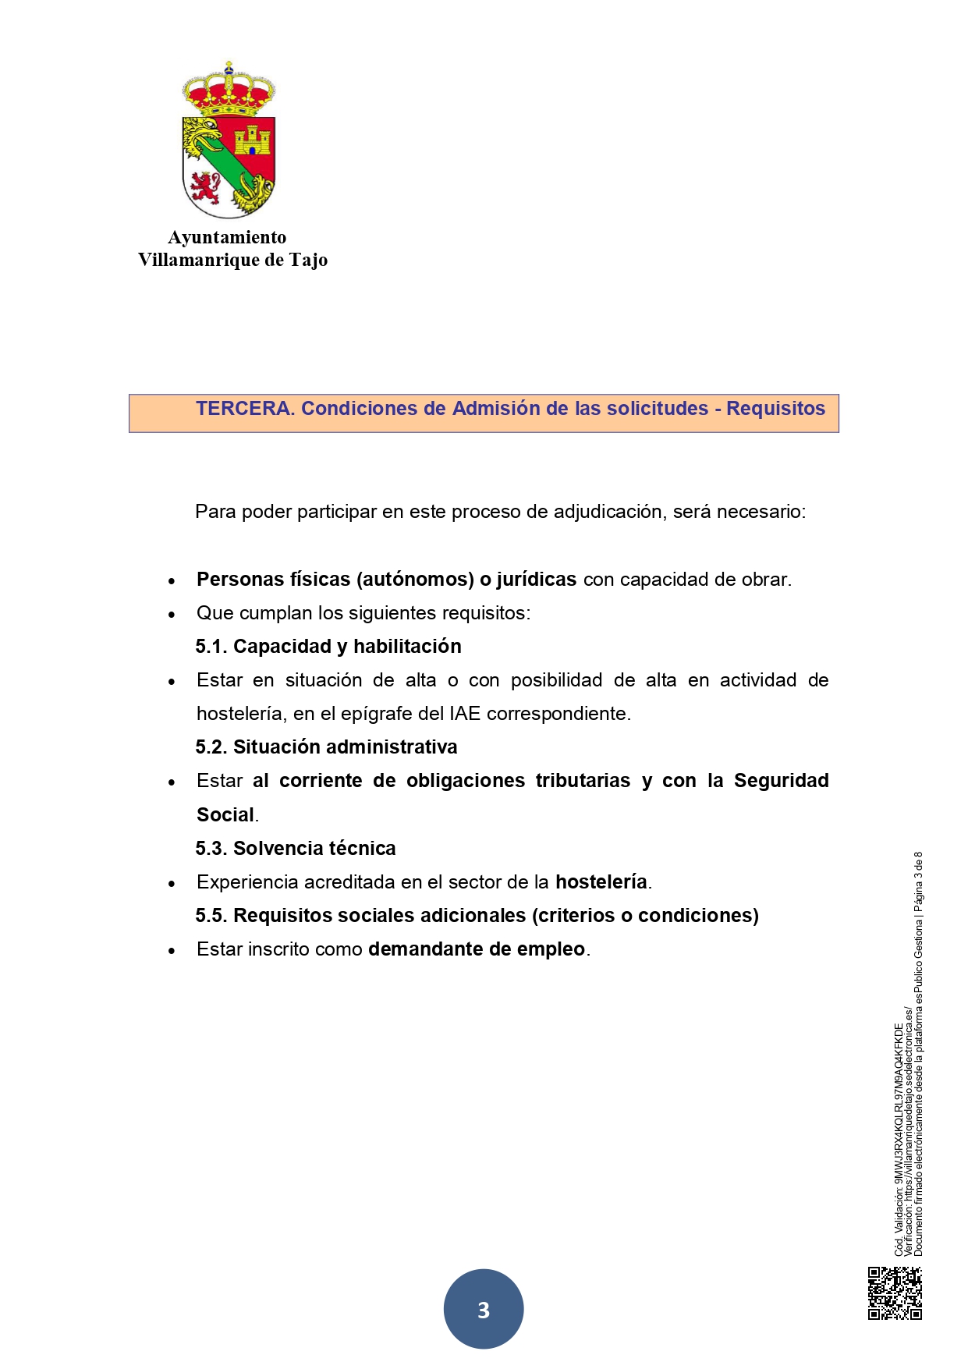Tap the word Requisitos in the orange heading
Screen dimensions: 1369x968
pos(775,409)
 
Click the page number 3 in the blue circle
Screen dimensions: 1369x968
pos(484,1310)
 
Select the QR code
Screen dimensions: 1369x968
pos(895,1293)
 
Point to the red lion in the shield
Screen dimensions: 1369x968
pos(205,187)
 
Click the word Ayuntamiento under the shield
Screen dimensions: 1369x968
pos(227,237)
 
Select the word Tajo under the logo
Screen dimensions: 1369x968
pos(308,260)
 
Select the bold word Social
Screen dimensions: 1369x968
pos(225,815)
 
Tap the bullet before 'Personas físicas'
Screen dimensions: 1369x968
pos(172,581)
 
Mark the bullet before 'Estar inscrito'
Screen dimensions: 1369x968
pos(172,951)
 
